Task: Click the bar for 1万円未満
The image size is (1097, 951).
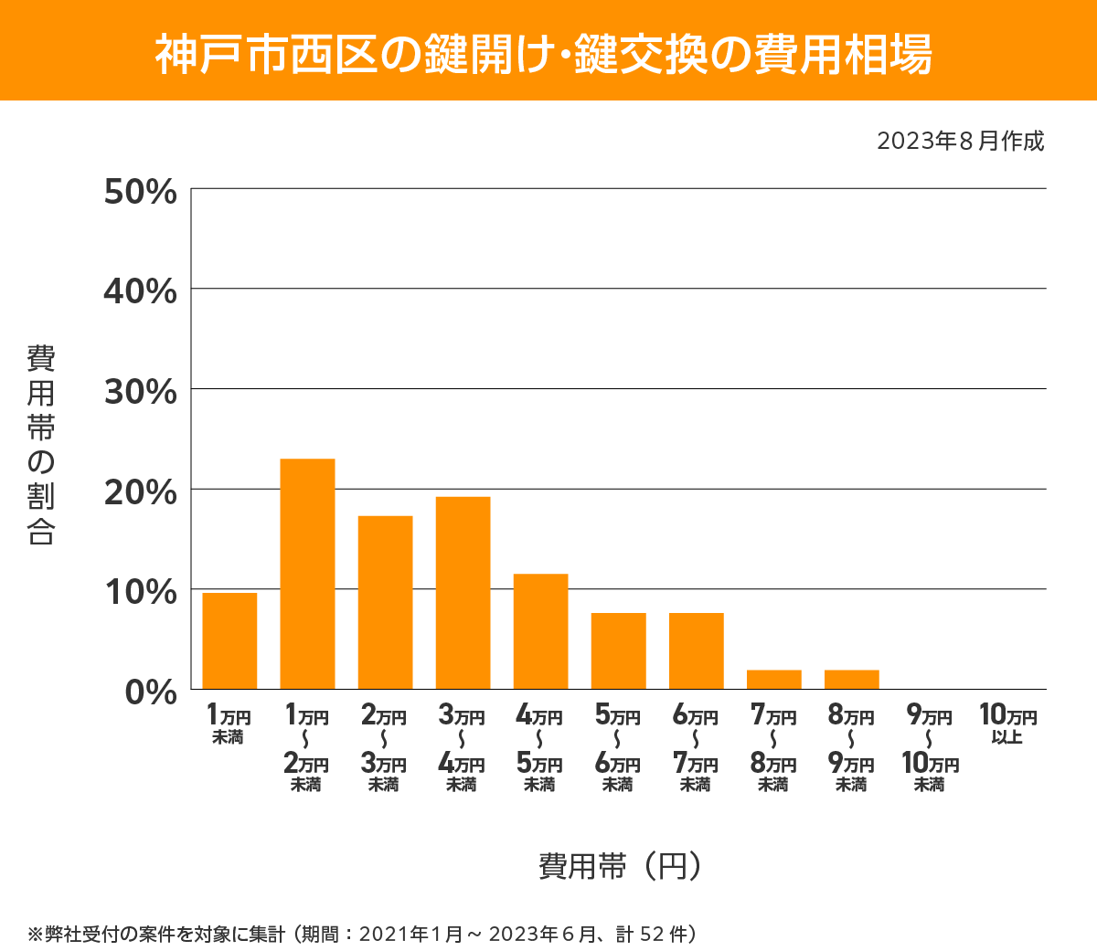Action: pos(229,640)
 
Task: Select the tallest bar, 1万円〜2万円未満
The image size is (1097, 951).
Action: pos(307,574)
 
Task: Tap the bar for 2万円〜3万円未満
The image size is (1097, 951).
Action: pos(385,602)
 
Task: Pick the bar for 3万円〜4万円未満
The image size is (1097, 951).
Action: pos(463,593)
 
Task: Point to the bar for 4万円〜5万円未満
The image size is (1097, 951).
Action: pos(540,631)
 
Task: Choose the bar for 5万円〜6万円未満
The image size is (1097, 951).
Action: pos(618,650)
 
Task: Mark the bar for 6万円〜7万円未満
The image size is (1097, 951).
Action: pos(696,650)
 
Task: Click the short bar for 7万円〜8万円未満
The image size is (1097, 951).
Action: pos(773,680)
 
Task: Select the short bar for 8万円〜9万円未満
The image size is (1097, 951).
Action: pos(851,680)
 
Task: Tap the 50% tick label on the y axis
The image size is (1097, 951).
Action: pos(140,192)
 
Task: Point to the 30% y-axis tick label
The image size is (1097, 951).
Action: pos(140,392)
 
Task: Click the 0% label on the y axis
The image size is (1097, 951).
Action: pos(151,692)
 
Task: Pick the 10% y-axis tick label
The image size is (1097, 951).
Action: pos(140,592)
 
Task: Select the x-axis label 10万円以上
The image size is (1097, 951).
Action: pos(1007,724)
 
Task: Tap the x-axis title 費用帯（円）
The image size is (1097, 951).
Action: pos(620,866)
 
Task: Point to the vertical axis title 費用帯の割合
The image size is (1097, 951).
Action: pos(41,445)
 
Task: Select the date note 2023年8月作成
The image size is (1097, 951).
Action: pos(960,142)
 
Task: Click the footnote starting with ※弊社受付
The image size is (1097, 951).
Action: pos(363,934)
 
